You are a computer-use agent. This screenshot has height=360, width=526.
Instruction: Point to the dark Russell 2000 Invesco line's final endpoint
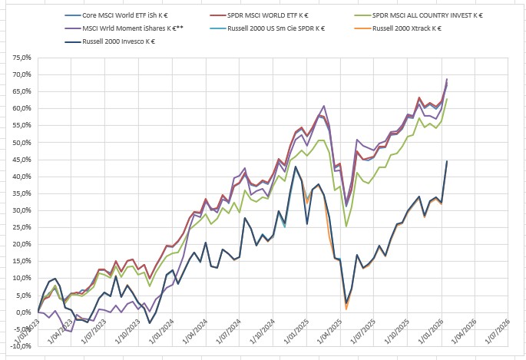coord(447,161)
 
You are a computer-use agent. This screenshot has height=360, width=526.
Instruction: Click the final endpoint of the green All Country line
coord(447,99)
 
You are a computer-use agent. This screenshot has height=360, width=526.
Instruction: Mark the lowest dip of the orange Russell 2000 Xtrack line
coord(346,309)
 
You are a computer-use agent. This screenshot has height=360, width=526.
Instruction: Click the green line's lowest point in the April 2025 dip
coord(346,226)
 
